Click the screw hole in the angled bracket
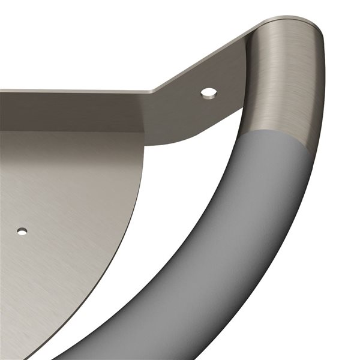click(x=209, y=92)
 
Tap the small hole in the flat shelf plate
click(x=22, y=231)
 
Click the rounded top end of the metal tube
click(x=288, y=23)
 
